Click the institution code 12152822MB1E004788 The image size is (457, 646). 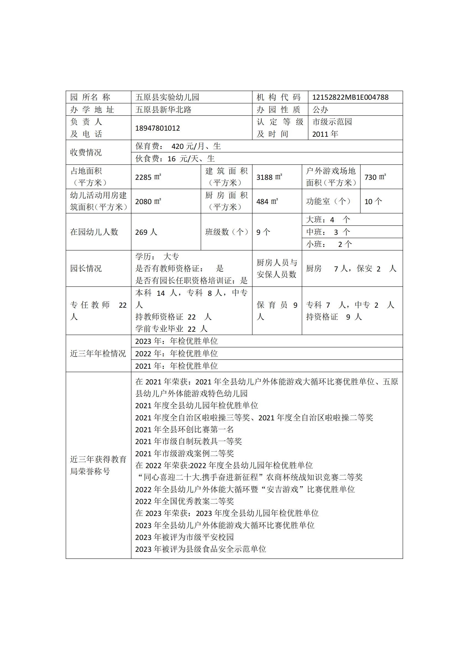click(350, 97)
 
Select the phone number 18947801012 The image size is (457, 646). click(157, 128)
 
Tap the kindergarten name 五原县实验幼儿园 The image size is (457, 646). click(167, 97)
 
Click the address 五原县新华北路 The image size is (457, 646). click(163, 110)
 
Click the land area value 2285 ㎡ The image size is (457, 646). click(148, 177)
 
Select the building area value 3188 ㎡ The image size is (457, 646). click(269, 177)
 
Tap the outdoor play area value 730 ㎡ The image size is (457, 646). click(375, 177)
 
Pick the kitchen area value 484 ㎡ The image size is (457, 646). click(267, 201)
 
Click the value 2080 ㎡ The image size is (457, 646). click(148, 201)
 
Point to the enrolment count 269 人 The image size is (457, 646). click(146, 232)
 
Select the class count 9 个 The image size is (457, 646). click(263, 232)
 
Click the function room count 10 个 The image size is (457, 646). click(373, 201)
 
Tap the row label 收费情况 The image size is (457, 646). click(86, 152)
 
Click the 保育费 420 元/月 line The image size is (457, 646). click(178, 146)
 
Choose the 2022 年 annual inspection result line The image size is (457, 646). click(177, 354)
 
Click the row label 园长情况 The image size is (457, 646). click(86, 268)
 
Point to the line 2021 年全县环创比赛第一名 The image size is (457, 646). click(184, 430)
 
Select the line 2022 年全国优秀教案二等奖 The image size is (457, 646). click(184, 501)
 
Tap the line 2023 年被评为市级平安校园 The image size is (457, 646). click(184, 537)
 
